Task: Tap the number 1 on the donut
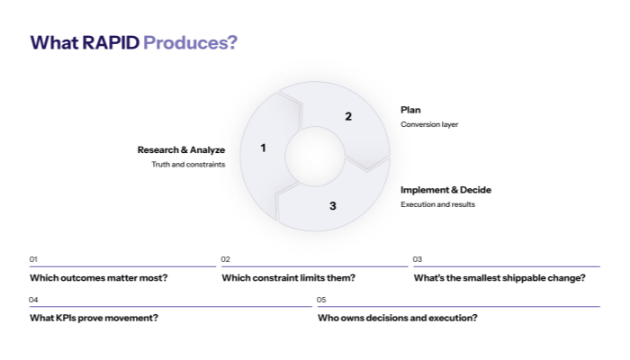263,148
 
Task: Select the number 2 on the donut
348,116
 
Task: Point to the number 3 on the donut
332,206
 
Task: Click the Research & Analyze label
181,149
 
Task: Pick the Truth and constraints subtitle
188,165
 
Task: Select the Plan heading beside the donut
410,110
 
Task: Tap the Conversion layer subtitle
429,124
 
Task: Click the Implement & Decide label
445,190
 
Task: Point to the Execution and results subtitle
437,204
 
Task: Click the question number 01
33,259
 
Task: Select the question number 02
226,259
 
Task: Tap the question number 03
418,259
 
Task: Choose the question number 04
33,300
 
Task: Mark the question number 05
321,300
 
